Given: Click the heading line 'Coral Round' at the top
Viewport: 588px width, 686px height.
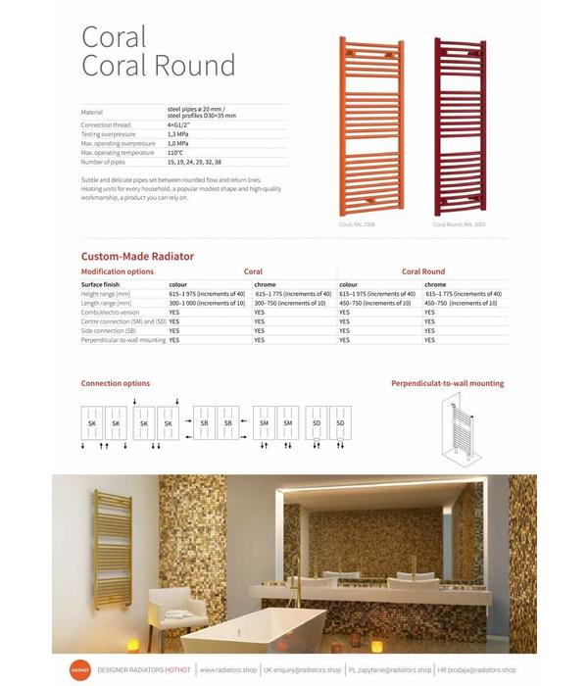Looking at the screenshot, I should point(158,66).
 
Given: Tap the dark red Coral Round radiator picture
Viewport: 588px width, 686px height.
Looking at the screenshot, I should point(459,126).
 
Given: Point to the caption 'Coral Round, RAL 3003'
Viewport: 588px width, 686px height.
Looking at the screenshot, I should point(459,224).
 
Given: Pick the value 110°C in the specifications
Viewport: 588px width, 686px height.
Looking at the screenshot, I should point(175,153).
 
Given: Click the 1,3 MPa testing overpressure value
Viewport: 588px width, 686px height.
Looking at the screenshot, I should point(177,134).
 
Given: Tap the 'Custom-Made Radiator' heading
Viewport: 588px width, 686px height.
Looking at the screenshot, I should point(137,257).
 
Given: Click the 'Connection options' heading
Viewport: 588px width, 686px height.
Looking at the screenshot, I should point(116,383).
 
